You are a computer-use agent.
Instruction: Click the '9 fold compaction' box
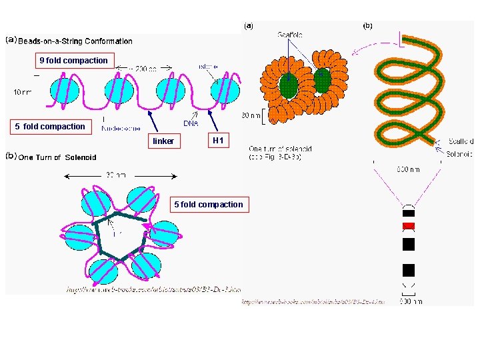coord(73,61)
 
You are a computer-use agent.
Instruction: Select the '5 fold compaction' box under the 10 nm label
coord(50,127)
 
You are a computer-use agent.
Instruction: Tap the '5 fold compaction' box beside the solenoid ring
coord(209,205)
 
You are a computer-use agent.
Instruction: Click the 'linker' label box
coord(163,141)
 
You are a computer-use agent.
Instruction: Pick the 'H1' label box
coord(217,141)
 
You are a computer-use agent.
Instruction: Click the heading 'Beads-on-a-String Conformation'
coord(75,41)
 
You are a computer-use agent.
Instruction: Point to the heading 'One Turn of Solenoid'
coord(57,157)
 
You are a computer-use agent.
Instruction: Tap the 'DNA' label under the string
coord(191,123)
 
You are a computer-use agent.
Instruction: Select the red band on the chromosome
coord(409,227)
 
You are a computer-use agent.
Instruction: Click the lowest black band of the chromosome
coord(409,270)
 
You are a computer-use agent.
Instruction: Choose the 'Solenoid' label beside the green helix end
coord(459,154)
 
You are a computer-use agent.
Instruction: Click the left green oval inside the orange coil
coord(289,84)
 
